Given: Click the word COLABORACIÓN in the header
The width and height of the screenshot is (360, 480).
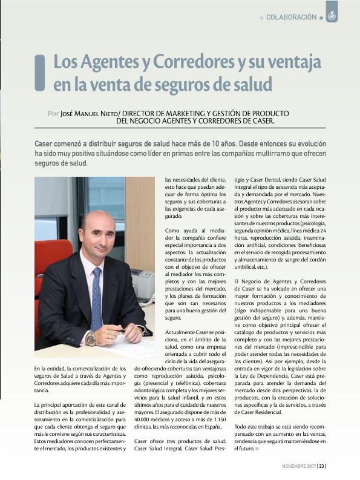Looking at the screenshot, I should coord(291,18).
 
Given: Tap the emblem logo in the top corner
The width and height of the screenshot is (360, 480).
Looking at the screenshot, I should coord(332,16).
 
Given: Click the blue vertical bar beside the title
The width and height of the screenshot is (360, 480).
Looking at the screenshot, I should coord(40,73).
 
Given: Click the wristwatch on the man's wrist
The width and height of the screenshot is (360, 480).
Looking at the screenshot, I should coord(91,339).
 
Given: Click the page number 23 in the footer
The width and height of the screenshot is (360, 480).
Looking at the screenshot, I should coord(322,466).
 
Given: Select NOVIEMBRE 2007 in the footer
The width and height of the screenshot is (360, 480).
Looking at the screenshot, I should coord(299,466).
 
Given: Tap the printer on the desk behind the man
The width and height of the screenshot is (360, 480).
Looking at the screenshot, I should coord(142,284).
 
